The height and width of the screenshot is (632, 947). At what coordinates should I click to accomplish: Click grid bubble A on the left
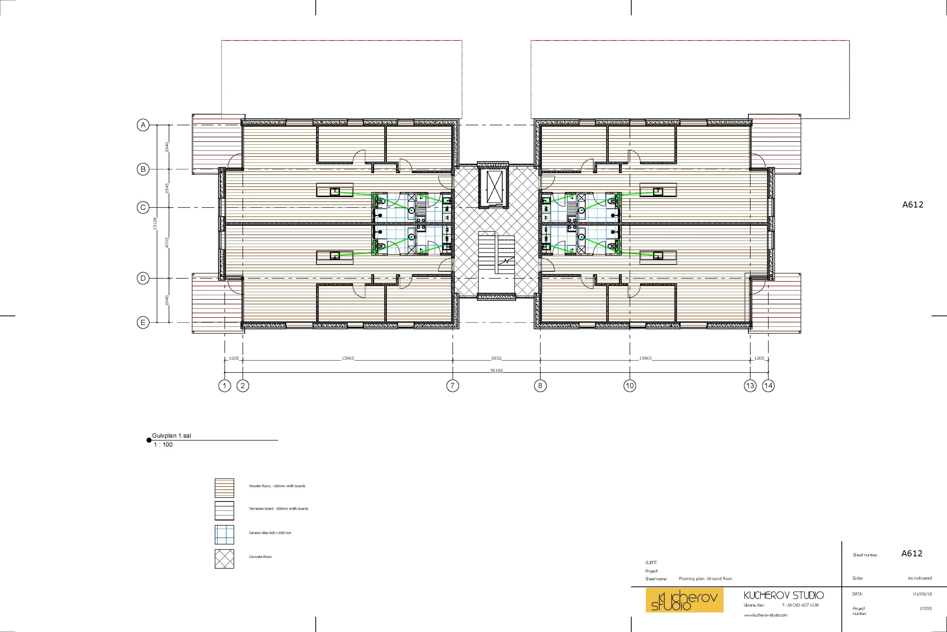pyautogui.click(x=143, y=125)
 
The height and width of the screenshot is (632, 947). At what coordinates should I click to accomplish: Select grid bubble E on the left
pyautogui.click(x=143, y=322)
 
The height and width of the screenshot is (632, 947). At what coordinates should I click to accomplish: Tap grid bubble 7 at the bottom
pyautogui.click(x=452, y=386)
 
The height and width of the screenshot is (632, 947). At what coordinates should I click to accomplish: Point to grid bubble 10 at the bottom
pyautogui.click(x=630, y=386)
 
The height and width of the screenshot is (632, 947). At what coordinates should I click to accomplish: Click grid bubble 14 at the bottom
pyautogui.click(x=768, y=386)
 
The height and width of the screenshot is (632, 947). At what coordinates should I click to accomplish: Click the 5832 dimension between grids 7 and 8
pyautogui.click(x=496, y=358)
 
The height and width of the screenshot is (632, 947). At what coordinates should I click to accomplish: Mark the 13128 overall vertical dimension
pyautogui.click(x=155, y=224)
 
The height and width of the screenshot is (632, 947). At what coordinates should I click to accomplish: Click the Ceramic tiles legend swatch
pyautogui.click(x=224, y=534)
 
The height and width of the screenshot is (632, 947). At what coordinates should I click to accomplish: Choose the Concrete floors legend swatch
pyautogui.click(x=224, y=559)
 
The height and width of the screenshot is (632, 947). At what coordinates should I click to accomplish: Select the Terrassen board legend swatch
pyautogui.click(x=224, y=511)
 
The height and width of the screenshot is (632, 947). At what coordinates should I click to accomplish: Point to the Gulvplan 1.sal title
pyautogui.click(x=172, y=436)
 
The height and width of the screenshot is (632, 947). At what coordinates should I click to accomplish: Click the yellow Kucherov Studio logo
pyautogui.click(x=684, y=600)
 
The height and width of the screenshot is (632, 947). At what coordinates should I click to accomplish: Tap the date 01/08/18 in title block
pyautogui.click(x=922, y=594)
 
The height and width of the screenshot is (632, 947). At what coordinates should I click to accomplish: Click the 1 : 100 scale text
pyautogui.click(x=163, y=444)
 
